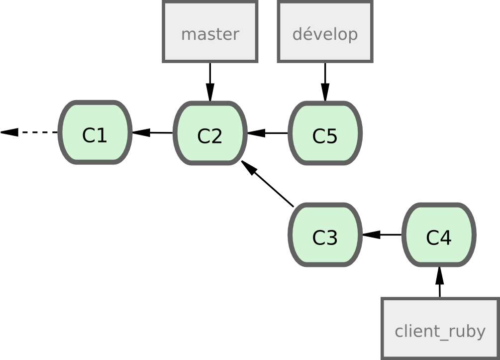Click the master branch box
[x=210, y=32]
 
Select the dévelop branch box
[x=325, y=32]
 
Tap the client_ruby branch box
[x=440, y=329]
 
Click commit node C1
[x=95, y=133]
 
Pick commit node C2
[x=210, y=133]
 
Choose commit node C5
[x=325, y=133]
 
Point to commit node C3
[x=325, y=235]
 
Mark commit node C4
[x=439, y=235]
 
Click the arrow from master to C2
[x=210, y=82]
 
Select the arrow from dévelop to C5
[x=325, y=82]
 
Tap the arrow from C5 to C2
[x=268, y=133]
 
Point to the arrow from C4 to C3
[x=382, y=235]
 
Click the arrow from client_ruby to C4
[x=440, y=282]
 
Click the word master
[x=210, y=34]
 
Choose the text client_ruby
[x=440, y=331]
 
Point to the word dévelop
[x=325, y=34]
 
